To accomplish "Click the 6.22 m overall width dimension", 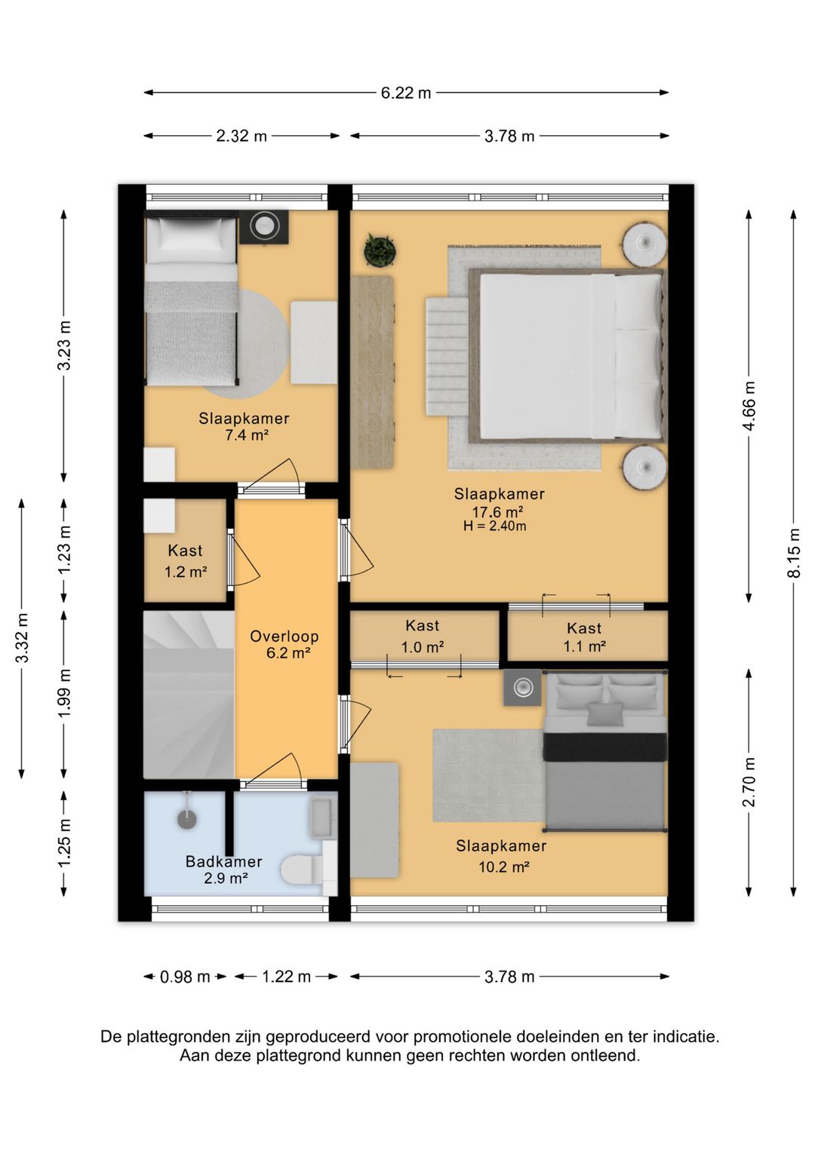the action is tap(406, 93).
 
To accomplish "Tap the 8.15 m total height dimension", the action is tap(795, 553).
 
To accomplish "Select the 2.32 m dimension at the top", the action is tap(241, 137).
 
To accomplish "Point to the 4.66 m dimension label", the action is tap(749, 407).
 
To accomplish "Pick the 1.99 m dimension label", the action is tap(64, 694).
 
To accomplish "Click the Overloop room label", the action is tap(284, 637).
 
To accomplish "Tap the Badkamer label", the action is tap(223, 861).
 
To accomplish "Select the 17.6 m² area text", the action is tap(498, 512).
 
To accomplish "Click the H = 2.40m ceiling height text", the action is tap(494, 526).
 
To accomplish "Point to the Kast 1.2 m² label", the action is tap(185, 561).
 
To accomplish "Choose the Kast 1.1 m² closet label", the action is tap(584, 637).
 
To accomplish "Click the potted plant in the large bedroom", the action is tap(380, 250).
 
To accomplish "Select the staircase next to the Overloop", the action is tap(189, 694).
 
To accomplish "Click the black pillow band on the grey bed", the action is tap(605, 747).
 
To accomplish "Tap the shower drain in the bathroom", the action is tap(186, 818).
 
